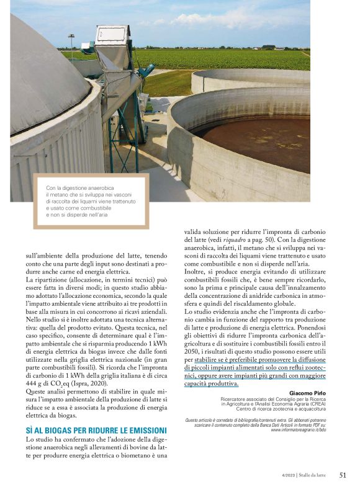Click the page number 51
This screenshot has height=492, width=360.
(343, 475)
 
